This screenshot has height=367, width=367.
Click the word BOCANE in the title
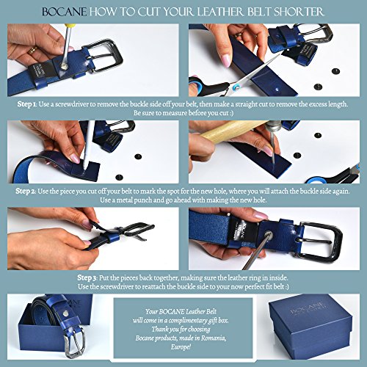pyautogui.click(x=64, y=12)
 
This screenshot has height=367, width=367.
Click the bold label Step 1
pyautogui.click(x=27, y=104)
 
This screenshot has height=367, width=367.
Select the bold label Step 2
pyautogui.click(x=26, y=191)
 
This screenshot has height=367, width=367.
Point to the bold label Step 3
pyautogui.click(x=88, y=277)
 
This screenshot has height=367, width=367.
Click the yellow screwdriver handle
pyautogui.click(x=70, y=27)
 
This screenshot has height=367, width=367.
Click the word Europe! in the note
pyautogui.click(x=181, y=347)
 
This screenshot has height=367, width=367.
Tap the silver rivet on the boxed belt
pyautogui.click(x=65, y=313)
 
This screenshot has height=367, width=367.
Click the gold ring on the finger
pyautogui.click(x=32, y=51)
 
